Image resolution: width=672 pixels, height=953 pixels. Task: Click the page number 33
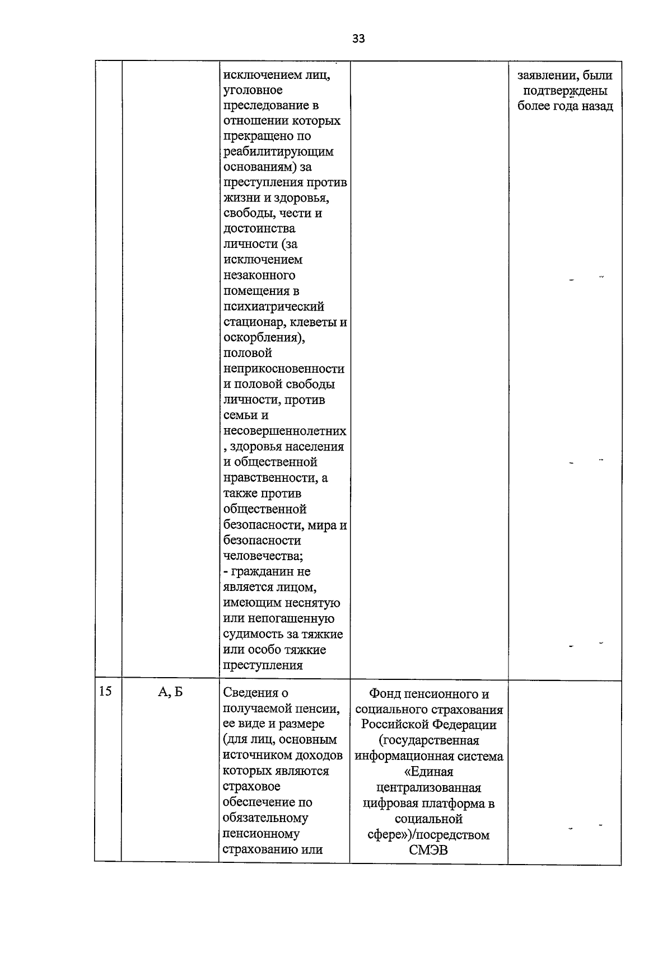(x=358, y=38)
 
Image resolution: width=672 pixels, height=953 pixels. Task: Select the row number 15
(x=105, y=691)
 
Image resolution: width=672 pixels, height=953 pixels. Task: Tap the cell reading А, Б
(x=170, y=692)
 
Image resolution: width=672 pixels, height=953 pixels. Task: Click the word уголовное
(x=253, y=90)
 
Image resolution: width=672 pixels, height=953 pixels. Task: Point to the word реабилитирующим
(x=278, y=152)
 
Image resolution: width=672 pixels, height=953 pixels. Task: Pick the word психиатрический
(x=274, y=307)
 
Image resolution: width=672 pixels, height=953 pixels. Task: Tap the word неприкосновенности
(x=284, y=369)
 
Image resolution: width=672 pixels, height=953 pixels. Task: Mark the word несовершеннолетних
(x=284, y=431)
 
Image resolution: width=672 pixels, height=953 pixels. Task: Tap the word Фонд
(x=385, y=694)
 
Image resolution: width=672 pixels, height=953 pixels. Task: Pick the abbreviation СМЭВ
(x=428, y=851)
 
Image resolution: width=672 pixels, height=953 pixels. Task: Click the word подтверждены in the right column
(x=564, y=91)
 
